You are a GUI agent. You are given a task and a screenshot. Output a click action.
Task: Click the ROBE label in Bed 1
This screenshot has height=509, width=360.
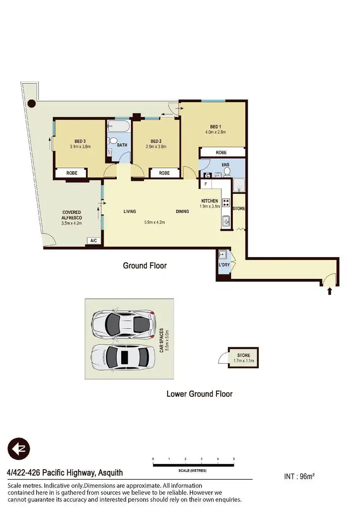tap(221, 153)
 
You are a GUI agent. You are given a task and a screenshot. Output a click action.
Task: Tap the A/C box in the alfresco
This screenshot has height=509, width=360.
tap(94, 241)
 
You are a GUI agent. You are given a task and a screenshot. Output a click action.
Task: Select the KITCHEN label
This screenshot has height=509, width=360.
tap(210, 201)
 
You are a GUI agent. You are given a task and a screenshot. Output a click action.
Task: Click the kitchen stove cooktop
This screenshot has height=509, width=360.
tap(226, 203)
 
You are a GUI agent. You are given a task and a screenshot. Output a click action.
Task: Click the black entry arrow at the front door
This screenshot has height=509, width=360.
tap(329, 291)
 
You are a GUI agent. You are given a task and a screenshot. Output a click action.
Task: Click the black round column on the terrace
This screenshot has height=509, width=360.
tap(32, 103)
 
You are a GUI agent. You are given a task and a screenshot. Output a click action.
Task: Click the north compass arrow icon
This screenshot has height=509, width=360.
tap(19, 450)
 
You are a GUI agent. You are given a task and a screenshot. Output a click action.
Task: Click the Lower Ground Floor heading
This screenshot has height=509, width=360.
tap(199, 394)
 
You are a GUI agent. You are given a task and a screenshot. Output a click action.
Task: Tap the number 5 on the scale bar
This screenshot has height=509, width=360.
tap(234, 459)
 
